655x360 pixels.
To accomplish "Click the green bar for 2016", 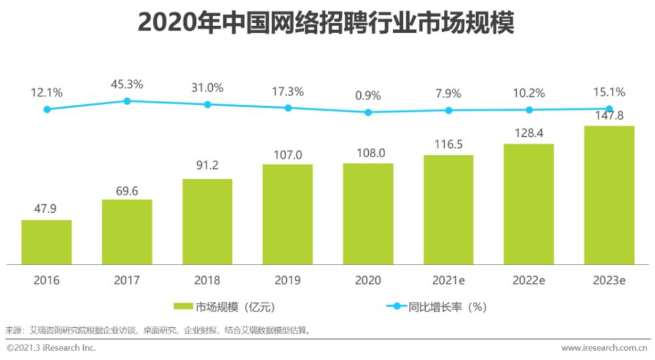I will [x=47, y=242].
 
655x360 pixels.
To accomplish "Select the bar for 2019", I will [x=288, y=214].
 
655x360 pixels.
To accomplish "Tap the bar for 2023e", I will [x=609, y=195].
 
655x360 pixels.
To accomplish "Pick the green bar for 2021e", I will [x=449, y=209].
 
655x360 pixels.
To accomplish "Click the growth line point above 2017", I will [x=127, y=101].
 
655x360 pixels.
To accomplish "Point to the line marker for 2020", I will [x=368, y=112].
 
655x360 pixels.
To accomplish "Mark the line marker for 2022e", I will [x=529, y=110].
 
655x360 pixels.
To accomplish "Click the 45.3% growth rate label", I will [x=127, y=84].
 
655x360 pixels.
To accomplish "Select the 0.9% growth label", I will [x=368, y=96].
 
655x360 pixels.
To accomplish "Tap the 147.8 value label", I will [x=609, y=116].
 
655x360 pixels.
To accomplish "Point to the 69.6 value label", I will [x=127, y=189].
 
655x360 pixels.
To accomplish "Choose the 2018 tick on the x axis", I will [x=207, y=280].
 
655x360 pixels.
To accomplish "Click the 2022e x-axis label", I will [x=529, y=280].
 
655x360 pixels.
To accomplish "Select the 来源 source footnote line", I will [x=157, y=330].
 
